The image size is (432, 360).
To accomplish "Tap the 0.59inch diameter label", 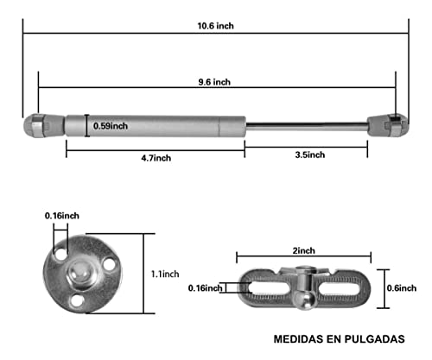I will click(111, 126).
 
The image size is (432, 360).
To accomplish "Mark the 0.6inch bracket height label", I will click(399, 288).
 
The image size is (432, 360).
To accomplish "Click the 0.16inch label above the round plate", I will click(62, 215).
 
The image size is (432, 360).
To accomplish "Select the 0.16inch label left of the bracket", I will click(205, 288).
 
